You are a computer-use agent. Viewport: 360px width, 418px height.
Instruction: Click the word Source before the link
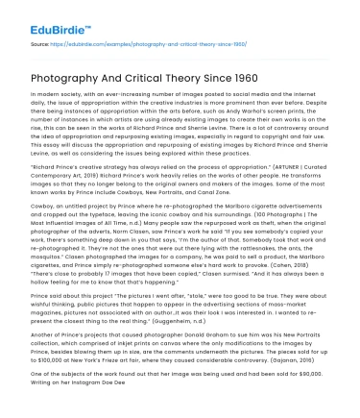click(41, 45)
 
